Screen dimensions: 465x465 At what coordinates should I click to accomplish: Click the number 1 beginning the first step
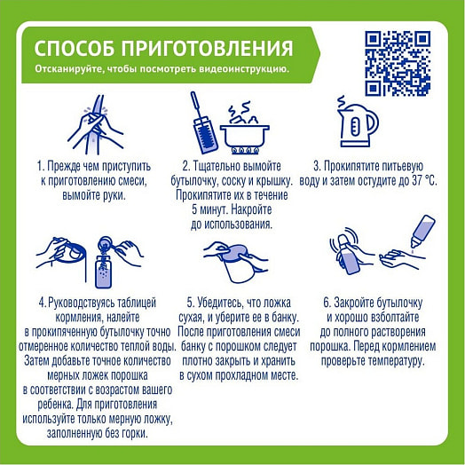pyautogui.click(x=40, y=166)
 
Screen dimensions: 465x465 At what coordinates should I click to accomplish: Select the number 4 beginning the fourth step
pyautogui.click(x=42, y=302)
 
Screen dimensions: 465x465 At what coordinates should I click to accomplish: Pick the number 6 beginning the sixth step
pyautogui.click(x=327, y=302)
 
